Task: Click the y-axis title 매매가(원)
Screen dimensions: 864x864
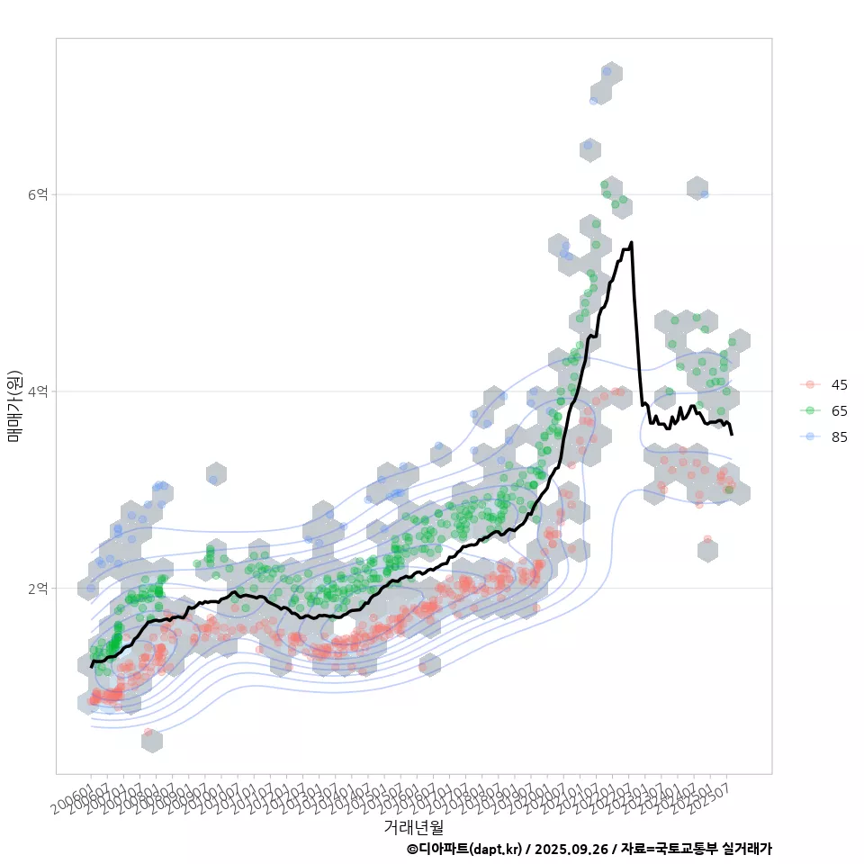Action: [x=15, y=405]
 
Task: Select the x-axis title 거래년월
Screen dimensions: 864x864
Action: [x=413, y=826]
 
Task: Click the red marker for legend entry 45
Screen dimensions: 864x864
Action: [x=810, y=385]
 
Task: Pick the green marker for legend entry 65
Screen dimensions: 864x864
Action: [x=810, y=411]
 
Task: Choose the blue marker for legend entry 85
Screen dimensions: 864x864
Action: [x=810, y=437]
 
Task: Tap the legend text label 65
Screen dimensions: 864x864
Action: [x=839, y=411]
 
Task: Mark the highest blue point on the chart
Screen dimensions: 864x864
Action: [x=607, y=71]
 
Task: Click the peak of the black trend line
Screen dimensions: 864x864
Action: [x=632, y=242]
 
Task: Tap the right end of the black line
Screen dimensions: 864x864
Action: [x=732, y=435]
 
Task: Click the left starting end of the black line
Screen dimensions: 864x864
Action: [x=92, y=666]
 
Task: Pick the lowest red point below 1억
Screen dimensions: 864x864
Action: [x=148, y=733]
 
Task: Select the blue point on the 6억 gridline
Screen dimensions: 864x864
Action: [x=704, y=193]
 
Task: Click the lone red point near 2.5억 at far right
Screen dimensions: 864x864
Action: [x=707, y=539]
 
